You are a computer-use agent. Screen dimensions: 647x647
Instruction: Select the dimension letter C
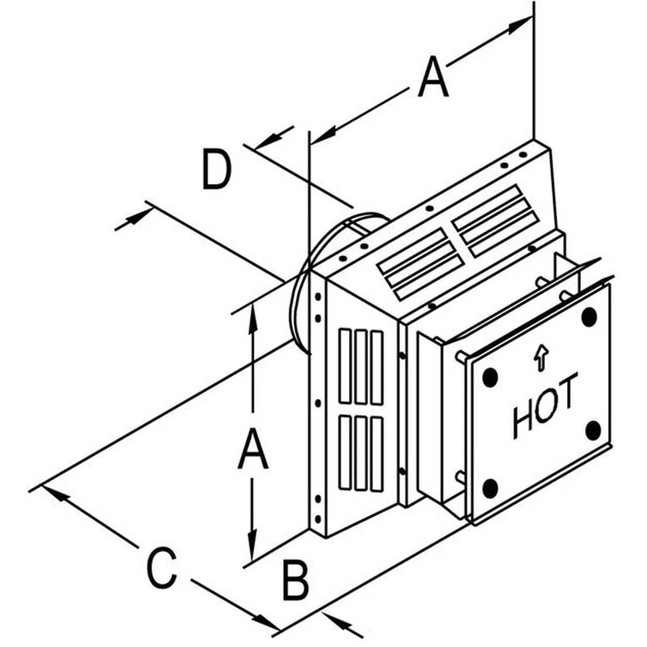click(x=162, y=567)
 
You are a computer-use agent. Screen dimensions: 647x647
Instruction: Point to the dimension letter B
click(x=295, y=580)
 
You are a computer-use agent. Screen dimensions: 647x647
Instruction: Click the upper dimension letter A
click(x=433, y=78)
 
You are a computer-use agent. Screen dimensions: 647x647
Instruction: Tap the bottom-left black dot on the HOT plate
click(x=490, y=488)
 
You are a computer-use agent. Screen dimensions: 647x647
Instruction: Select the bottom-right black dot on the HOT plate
click(x=594, y=430)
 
